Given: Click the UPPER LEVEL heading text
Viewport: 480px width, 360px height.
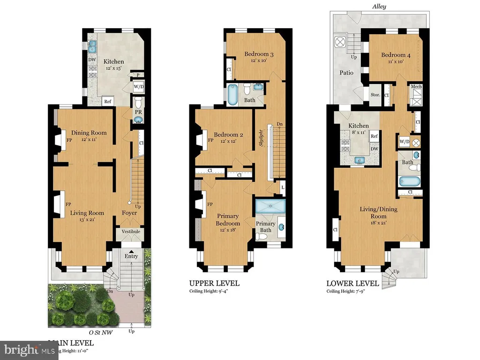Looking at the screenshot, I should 214,283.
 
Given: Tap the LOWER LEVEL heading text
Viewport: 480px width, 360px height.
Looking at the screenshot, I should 352,283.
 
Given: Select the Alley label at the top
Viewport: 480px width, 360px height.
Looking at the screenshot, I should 379,7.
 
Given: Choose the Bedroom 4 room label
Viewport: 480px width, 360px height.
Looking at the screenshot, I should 396,55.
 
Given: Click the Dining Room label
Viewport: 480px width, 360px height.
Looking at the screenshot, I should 89,133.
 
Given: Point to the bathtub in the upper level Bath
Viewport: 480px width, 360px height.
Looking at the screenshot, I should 233,95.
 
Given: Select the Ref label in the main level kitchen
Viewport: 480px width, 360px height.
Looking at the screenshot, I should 107,101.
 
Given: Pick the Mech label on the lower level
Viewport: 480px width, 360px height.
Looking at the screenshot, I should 416,87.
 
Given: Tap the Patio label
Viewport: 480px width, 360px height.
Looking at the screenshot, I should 347,73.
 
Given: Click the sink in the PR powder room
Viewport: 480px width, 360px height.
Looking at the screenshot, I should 139,119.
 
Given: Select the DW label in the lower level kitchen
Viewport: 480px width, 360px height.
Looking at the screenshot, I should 374,149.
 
